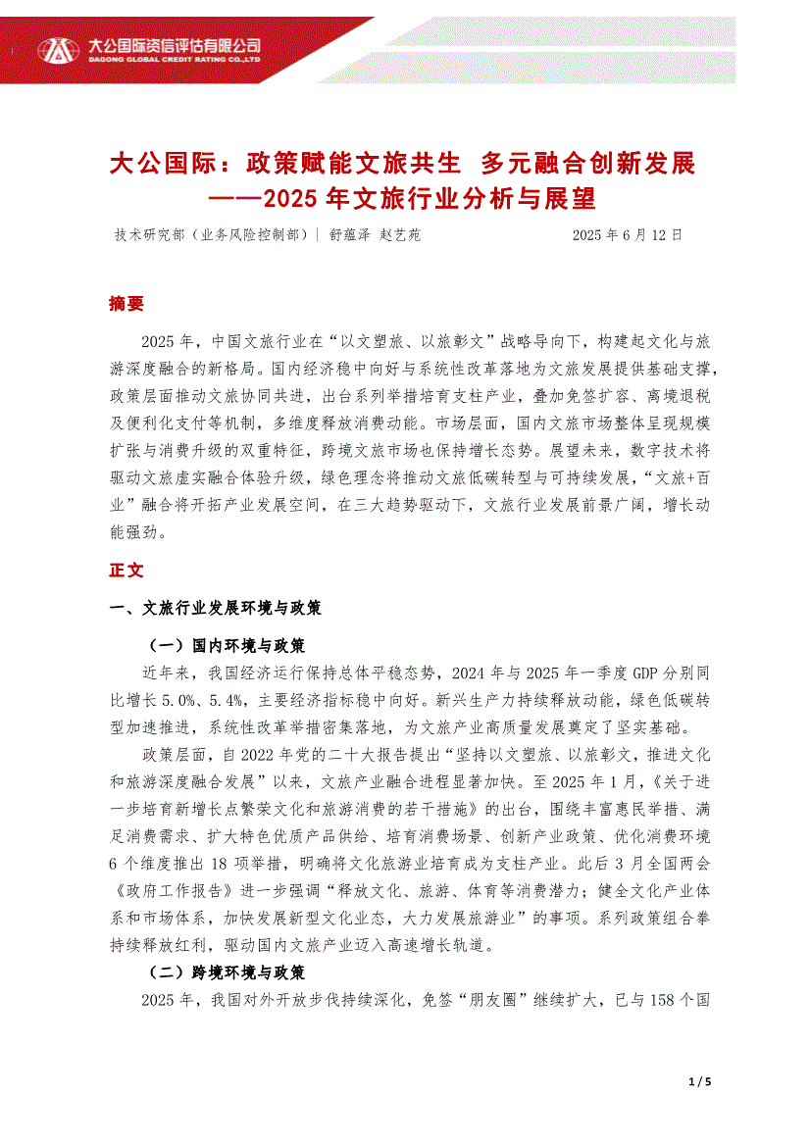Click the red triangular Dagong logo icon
coord(57,48)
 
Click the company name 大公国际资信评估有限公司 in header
coord(173,45)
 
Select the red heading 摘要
coord(127,304)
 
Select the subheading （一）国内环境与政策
coord(226,646)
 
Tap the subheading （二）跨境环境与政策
coord(226,972)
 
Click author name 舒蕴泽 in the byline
coord(351,235)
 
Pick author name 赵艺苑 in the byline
coord(400,235)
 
